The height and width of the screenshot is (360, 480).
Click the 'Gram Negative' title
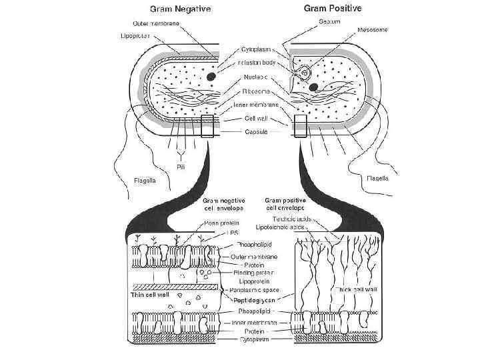tap(179, 9)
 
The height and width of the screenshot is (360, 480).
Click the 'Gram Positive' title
tap(333, 9)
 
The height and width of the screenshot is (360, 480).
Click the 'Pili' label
tap(181, 167)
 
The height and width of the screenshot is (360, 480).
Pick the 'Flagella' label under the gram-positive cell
tap(379, 177)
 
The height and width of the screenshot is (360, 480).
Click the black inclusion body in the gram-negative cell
tap(211, 77)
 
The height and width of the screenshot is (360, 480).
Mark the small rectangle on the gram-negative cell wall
tap(207, 125)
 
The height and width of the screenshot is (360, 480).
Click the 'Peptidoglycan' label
tap(253, 301)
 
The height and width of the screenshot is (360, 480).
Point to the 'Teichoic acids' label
tap(289, 218)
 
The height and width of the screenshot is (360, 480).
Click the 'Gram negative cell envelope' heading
tap(223, 204)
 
